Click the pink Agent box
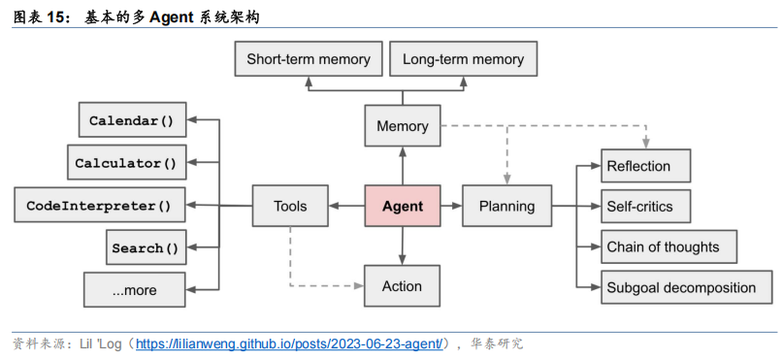pos(402,206)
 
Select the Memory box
pos(402,126)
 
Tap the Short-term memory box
pos(308,59)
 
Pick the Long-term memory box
pos(463,59)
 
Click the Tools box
pos(290,206)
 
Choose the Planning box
pos(506,206)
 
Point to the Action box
pos(402,285)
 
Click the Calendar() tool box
pos(131,120)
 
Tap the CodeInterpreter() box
pos(99,206)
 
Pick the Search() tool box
pos(145,247)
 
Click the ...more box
pos(134,290)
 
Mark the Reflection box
pos(645,166)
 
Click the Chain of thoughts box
pos(668,246)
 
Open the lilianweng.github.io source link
pos(292,344)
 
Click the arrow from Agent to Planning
pos(450,206)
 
